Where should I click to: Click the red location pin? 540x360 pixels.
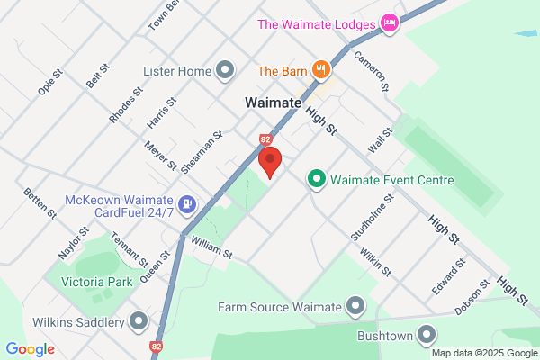pyautogui.click(x=271, y=161)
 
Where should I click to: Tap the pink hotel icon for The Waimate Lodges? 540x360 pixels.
pyautogui.click(x=389, y=22)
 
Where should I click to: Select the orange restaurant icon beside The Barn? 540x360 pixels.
pyautogui.click(x=320, y=69)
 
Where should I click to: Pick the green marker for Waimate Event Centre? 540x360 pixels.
pyautogui.click(x=316, y=180)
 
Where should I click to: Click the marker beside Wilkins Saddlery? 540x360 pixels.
pyautogui.click(x=138, y=321)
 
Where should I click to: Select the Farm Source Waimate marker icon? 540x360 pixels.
pyautogui.click(x=356, y=307)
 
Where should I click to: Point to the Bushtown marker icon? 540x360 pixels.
pyautogui.click(x=428, y=336)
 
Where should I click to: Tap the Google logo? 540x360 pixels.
pyautogui.click(x=30, y=349)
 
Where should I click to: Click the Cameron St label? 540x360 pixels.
pyautogui.click(x=371, y=71)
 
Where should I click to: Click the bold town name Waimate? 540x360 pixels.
pyautogui.click(x=273, y=103)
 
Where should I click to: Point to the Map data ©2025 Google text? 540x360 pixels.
pyautogui.click(x=483, y=353)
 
